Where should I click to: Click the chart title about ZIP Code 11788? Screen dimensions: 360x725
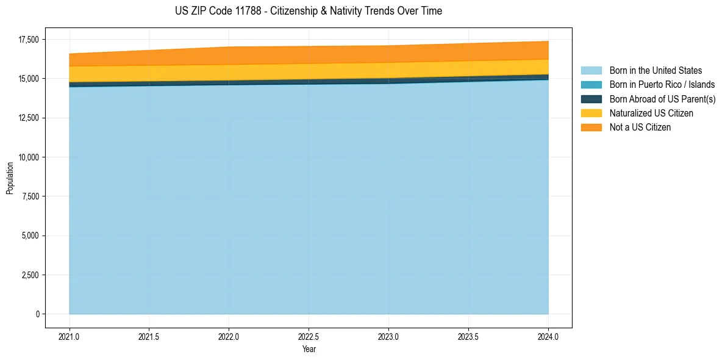[308, 11]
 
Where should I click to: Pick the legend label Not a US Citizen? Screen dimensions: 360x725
[640, 128]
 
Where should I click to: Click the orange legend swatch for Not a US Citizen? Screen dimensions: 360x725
[591, 128]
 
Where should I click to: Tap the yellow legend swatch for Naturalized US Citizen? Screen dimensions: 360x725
[591, 113]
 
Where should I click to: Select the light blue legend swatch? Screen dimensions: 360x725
[591, 71]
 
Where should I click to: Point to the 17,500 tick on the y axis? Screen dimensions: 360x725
[28, 40]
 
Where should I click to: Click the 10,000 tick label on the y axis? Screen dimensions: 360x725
[28, 157]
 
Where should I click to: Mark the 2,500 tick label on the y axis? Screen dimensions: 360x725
[30, 275]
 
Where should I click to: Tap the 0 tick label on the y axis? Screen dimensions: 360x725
[37, 314]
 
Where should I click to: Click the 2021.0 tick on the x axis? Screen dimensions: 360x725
[70, 336]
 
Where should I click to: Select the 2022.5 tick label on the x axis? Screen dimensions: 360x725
[309, 336]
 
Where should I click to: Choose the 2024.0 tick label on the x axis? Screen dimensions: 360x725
[548, 336]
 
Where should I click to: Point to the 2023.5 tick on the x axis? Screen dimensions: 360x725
[468, 336]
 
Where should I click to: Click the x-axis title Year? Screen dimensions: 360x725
[309, 350]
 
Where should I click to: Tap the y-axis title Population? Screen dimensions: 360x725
[10, 178]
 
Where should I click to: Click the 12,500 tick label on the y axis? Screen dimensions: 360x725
[28, 118]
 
